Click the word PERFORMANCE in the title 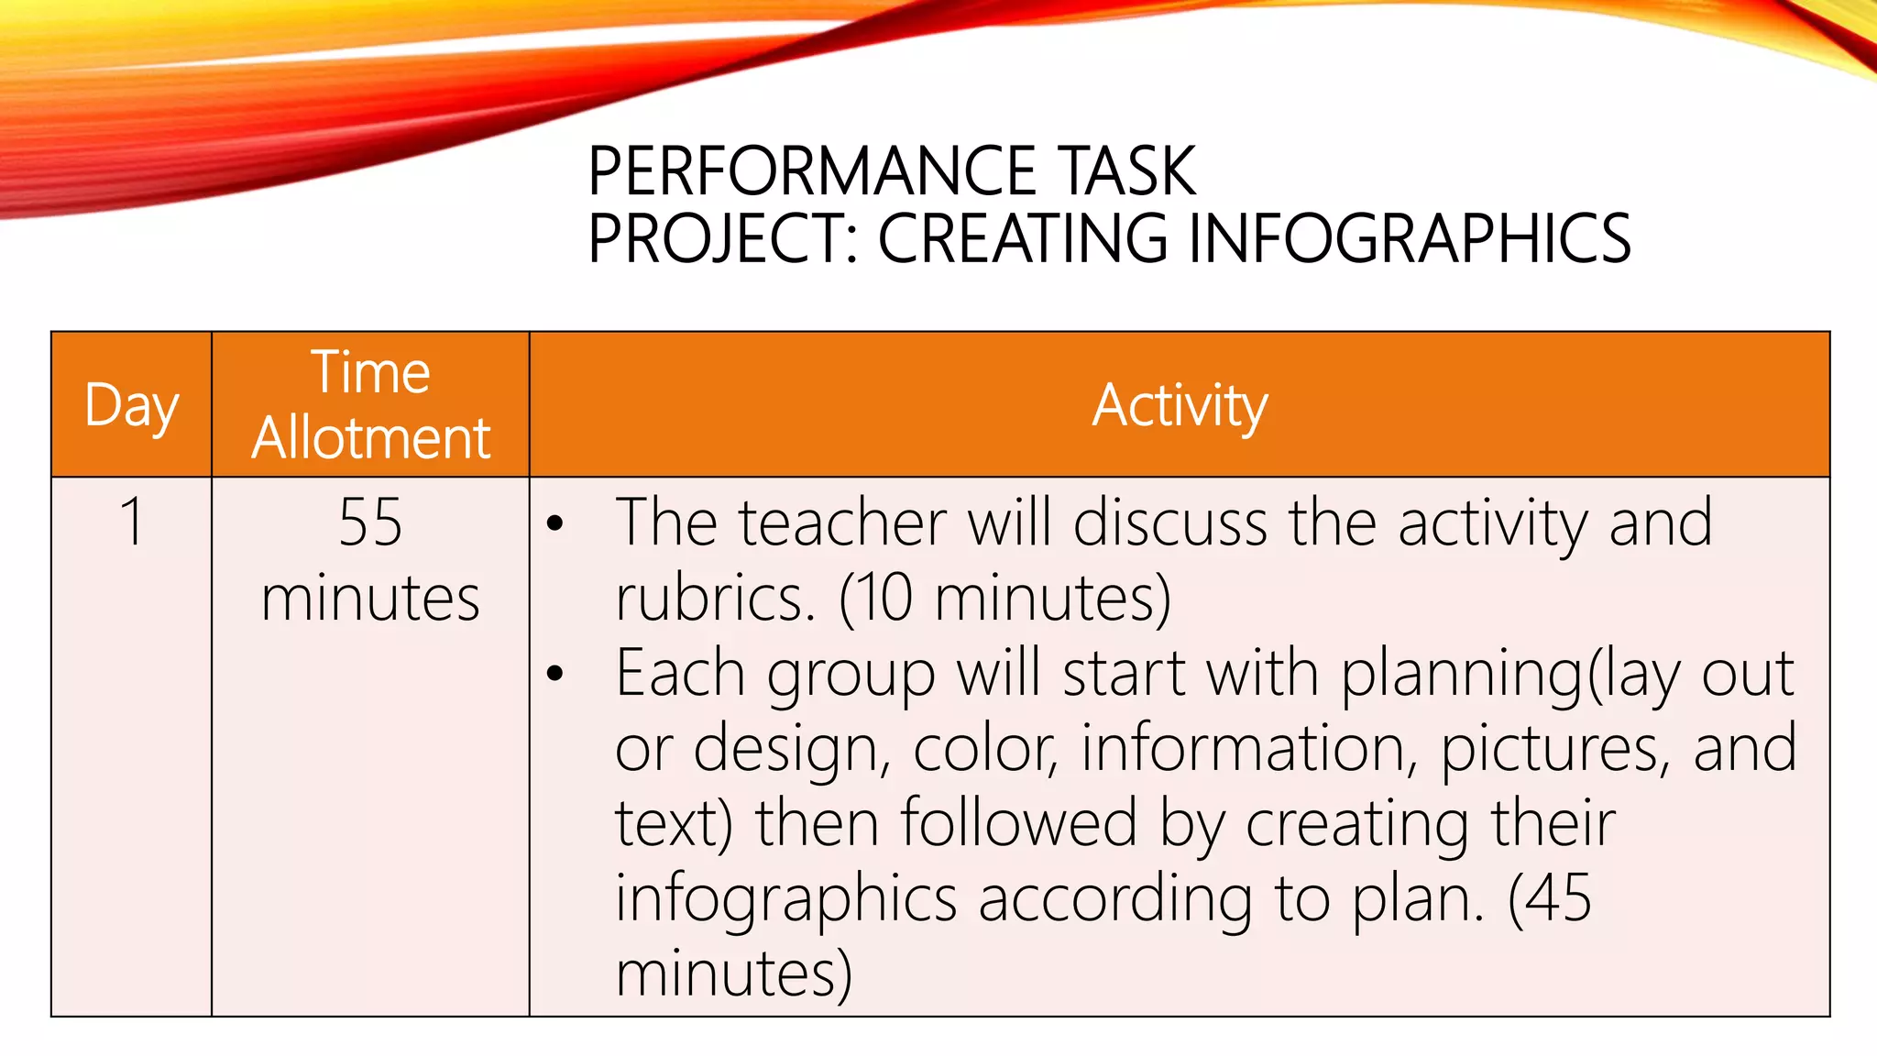click(811, 171)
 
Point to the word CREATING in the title click(1022, 238)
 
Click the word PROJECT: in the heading click(723, 238)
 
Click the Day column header click(131, 405)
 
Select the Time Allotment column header click(370, 404)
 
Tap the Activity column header click(1180, 405)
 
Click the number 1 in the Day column click(132, 522)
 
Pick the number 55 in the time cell click(370, 522)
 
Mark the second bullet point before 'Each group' click(554, 674)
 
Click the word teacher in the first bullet click(842, 522)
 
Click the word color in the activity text click(985, 748)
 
